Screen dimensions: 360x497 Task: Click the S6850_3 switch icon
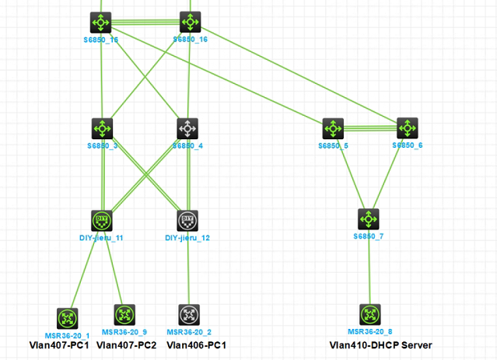click(102, 128)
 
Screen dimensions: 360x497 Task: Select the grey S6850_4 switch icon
click(187, 128)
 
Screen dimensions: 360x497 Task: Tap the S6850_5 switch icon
click(332, 128)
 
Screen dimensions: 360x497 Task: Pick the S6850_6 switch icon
click(408, 128)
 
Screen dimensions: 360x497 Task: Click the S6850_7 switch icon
click(369, 218)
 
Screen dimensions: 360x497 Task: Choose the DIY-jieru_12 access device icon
click(187, 220)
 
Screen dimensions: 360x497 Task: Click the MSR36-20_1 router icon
click(67, 317)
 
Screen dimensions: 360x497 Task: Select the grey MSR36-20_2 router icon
click(188, 315)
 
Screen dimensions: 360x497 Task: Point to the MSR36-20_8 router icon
click(369, 315)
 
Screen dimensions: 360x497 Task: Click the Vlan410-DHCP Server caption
click(380, 345)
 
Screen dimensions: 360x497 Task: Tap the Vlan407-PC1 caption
click(59, 345)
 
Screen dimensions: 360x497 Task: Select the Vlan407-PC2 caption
click(126, 345)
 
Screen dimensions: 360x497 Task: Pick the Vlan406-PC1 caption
click(196, 345)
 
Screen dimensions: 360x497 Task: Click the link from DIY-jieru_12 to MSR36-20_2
click(187, 272)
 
